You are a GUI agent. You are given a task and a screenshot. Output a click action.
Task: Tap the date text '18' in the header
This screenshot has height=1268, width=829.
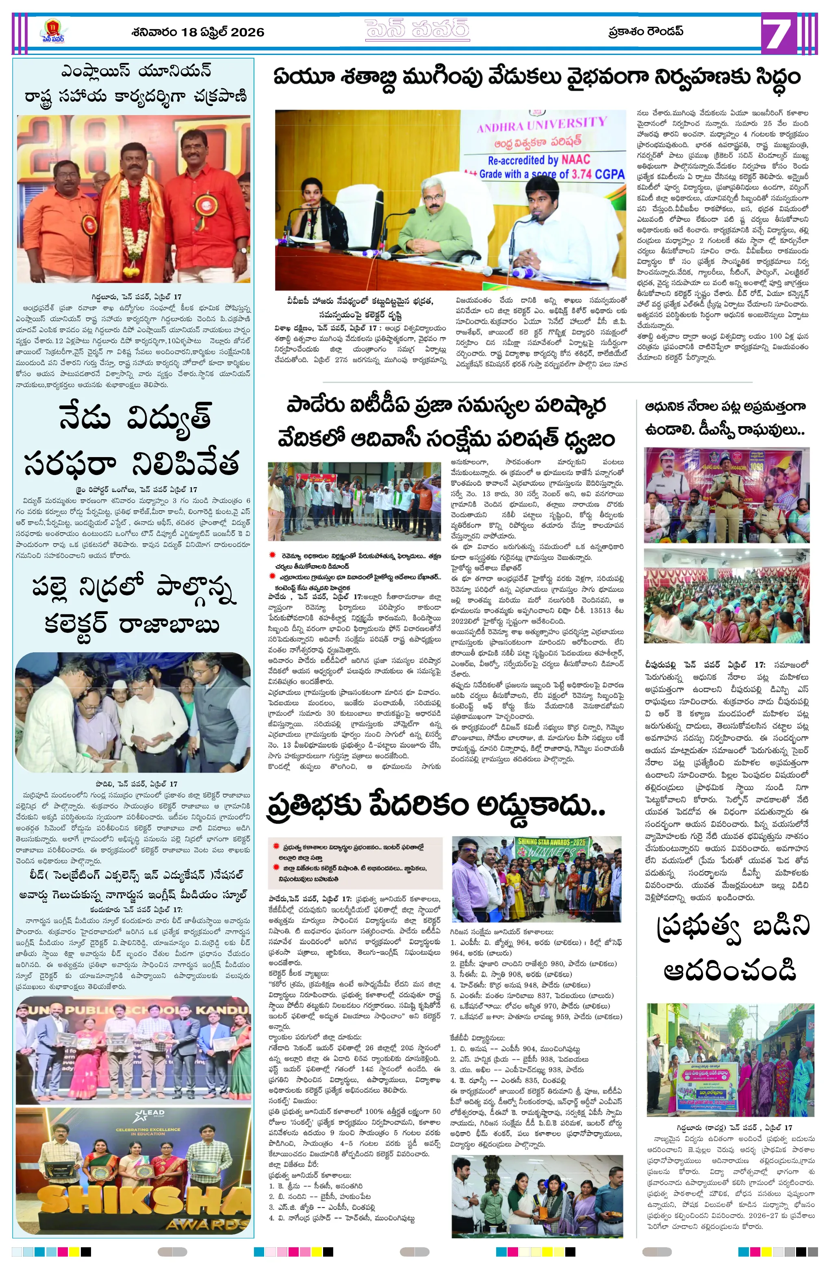click(189, 32)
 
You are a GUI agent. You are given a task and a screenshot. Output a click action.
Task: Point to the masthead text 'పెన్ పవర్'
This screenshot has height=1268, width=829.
click(417, 30)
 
